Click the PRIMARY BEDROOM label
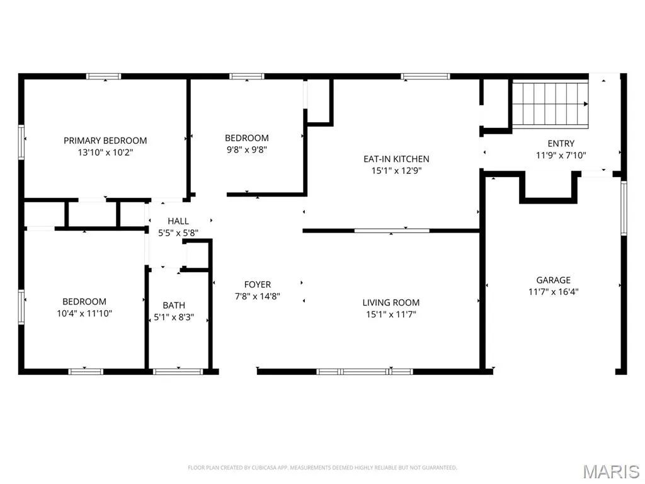click(x=105, y=141)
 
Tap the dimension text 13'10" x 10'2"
click(x=105, y=153)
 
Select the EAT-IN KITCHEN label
click(x=396, y=159)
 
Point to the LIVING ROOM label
click(x=391, y=302)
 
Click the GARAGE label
click(x=553, y=280)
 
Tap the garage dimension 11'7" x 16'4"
click(x=553, y=292)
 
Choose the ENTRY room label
click(x=561, y=144)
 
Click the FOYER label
click(x=258, y=284)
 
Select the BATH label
click(x=174, y=306)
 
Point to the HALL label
click(x=178, y=221)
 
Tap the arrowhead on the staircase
click(x=586, y=105)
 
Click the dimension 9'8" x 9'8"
click(x=247, y=150)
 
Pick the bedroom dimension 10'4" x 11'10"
click(x=84, y=314)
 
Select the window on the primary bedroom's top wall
click(x=104, y=76)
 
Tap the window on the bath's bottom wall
click(x=178, y=372)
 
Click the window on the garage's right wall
click(x=624, y=208)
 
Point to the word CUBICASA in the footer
click(x=263, y=468)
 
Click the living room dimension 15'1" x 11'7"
click(x=391, y=315)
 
